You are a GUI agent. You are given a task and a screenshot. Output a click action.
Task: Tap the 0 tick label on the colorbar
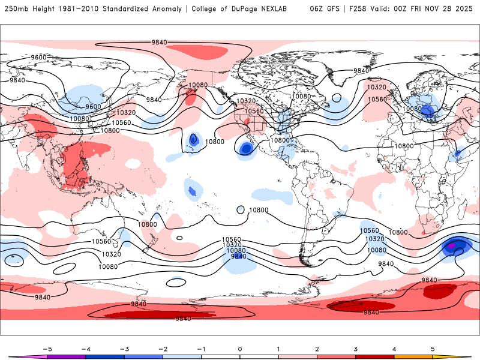click(x=240, y=349)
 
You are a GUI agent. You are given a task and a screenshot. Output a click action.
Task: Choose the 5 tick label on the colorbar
click(x=433, y=349)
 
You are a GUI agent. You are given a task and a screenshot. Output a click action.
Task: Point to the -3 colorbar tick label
click(x=124, y=349)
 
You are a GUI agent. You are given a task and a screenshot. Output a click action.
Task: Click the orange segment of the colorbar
click(x=413, y=356)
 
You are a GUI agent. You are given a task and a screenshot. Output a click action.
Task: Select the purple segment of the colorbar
click(x=67, y=356)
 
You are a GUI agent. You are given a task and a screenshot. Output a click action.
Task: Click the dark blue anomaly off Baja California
click(x=245, y=148)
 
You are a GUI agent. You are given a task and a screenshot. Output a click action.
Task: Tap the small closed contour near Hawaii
click(x=193, y=139)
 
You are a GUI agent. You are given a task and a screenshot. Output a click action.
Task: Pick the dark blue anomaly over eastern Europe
click(x=427, y=110)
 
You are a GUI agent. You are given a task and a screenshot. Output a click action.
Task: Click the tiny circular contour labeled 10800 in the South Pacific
click(x=241, y=210)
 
